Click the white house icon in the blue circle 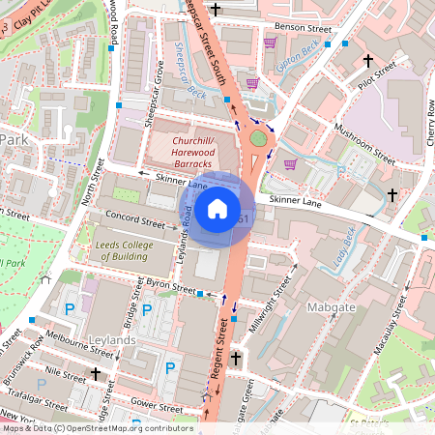[x=217, y=209]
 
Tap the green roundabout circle [x=258, y=138]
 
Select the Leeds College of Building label [x=134, y=251]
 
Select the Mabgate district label [x=360, y=306]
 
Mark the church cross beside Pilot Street [x=367, y=60]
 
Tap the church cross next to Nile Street [x=96, y=373]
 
